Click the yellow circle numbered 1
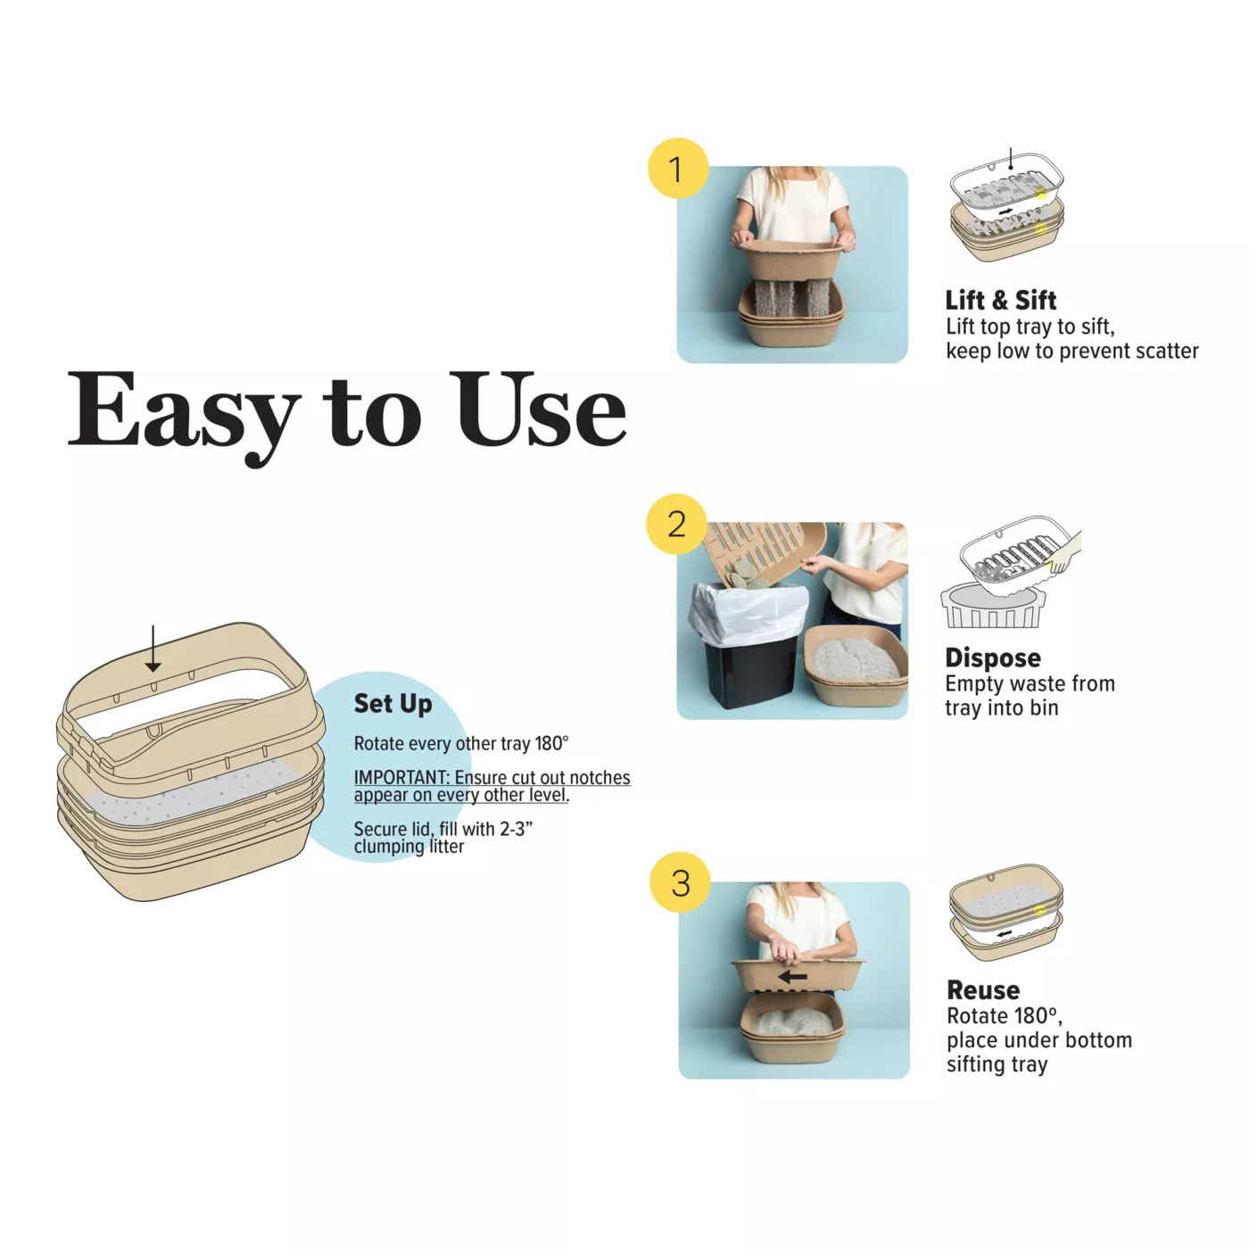677,168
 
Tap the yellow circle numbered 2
676,524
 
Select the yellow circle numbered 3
681,882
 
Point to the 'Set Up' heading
393,704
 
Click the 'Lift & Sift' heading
1001,300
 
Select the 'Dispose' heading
993,658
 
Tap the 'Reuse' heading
983,990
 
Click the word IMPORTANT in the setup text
401,777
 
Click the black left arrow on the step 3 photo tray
793,976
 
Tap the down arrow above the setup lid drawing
153,649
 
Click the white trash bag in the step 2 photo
749,612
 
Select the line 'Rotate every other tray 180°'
461,743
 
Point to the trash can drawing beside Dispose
992,606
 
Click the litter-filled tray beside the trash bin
856,666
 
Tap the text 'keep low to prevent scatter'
1072,352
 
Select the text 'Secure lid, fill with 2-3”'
443,829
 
